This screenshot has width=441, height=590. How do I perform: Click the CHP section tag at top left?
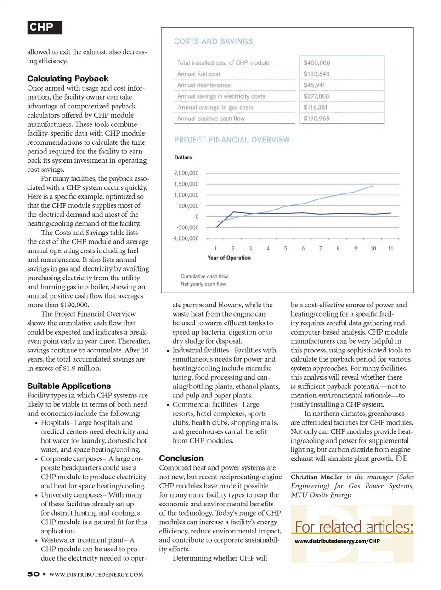coord(44,28)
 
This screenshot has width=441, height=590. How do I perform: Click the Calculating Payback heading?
coord(68,79)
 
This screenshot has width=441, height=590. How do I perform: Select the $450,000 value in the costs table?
coord(317,63)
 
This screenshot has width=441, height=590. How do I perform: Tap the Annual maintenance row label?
coord(204,85)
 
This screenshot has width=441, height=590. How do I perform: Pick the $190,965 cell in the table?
coord(317,119)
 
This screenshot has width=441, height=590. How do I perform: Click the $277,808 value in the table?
coord(317,96)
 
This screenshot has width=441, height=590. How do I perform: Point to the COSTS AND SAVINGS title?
coord(214,41)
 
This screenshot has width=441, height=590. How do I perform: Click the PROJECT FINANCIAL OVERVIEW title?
coord(232,140)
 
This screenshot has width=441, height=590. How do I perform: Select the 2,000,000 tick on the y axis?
coord(186,173)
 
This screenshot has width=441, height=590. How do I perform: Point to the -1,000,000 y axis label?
coord(186,238)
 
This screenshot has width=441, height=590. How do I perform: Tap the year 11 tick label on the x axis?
coord(390,249)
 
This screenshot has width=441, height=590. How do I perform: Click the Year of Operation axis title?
coord(229,258)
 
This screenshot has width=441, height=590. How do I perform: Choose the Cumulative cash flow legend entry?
coord(204,277)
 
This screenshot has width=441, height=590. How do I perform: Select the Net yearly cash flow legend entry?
coord(203,284)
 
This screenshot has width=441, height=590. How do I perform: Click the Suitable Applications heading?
coord(69,386)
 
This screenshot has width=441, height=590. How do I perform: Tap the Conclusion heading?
coord(181,458)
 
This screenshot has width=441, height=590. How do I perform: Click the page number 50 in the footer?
coord(33,574)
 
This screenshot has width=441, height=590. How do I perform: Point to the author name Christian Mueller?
coord(317,477)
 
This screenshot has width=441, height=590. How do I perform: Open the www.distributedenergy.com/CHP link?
coord(337,541)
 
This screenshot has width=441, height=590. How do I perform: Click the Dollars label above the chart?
coord(183,158)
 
